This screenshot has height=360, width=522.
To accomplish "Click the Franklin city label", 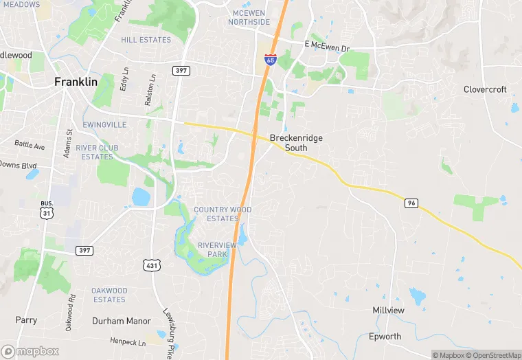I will [x=76, y=81].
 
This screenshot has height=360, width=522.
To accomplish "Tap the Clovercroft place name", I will [x=485, y=89].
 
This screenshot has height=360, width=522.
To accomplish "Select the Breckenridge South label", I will [x=296, y=143].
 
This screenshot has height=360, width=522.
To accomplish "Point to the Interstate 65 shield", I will [x=271, y=60].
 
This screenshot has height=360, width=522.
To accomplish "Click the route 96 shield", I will [x=411, y=203].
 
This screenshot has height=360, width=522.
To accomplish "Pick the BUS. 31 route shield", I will [x=47, y=209].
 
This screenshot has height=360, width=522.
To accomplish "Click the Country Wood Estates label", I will [x=223, y=214].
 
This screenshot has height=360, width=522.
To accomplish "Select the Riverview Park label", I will [x=216, y=249].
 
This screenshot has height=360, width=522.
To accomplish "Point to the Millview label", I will [x=389, y=311].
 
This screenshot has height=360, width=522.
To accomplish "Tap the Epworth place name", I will [x=385, y=337].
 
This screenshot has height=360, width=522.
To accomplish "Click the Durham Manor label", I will [x=121, y=321].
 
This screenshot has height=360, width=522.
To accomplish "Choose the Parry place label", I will [x=26, y=320].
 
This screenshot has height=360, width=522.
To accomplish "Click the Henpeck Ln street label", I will [x=128, y=342].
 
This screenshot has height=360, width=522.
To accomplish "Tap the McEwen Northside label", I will [x=249, y=17].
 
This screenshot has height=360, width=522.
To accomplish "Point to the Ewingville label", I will [x=104, y=125].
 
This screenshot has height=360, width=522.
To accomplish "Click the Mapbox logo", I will [x=30, y=351].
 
